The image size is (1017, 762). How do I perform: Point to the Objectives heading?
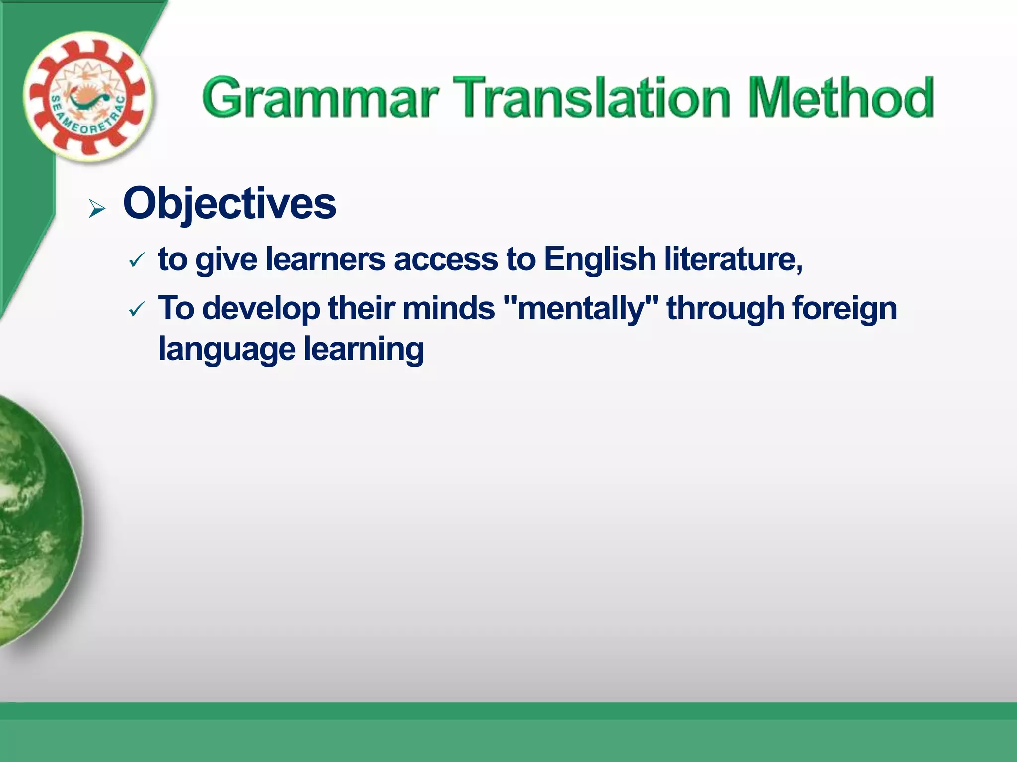point(229,203)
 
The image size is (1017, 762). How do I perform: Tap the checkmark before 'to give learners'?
point(136,260)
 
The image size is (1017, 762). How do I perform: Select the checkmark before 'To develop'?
point(136,310)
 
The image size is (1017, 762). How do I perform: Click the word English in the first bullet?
point(599,259)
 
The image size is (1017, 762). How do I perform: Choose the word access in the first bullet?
point(445,259)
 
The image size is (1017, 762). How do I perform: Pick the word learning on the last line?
point(363,349)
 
